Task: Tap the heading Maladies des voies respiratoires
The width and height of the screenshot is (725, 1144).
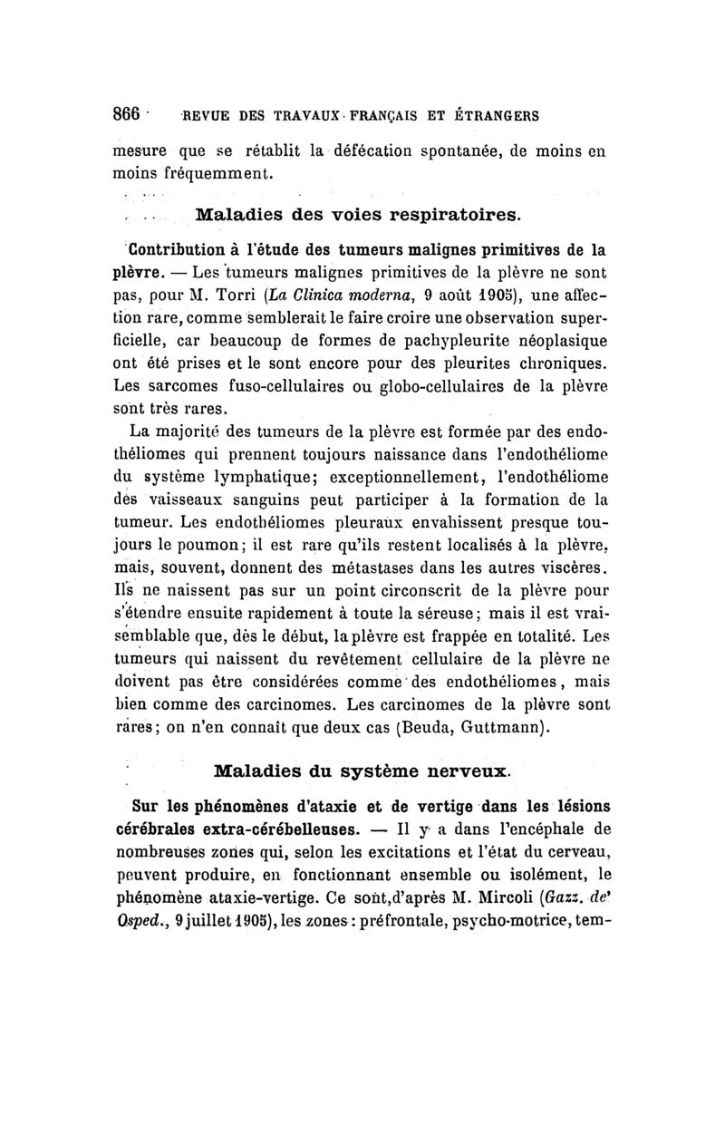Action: (359, 215)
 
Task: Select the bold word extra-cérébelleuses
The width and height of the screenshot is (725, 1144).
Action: (287, 829)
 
